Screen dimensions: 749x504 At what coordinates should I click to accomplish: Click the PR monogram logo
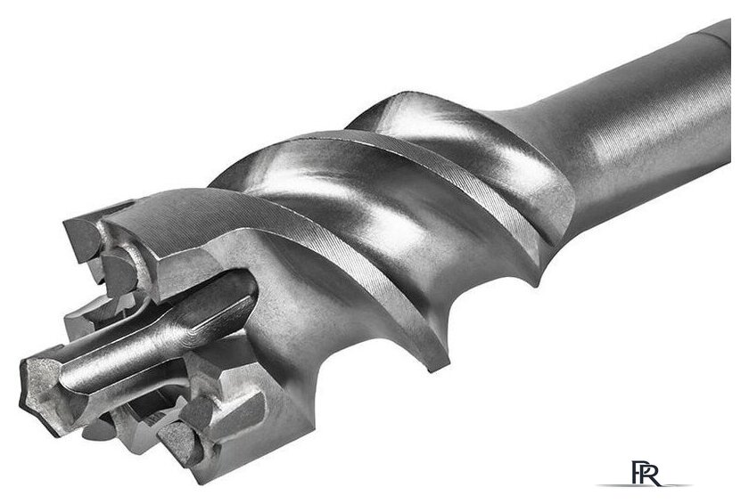(646, 473)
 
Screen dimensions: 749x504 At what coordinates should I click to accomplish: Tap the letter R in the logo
(652, 474)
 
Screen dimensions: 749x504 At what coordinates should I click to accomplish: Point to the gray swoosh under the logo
(644, 485)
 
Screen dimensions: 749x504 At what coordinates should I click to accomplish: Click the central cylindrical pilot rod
(158, 334)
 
